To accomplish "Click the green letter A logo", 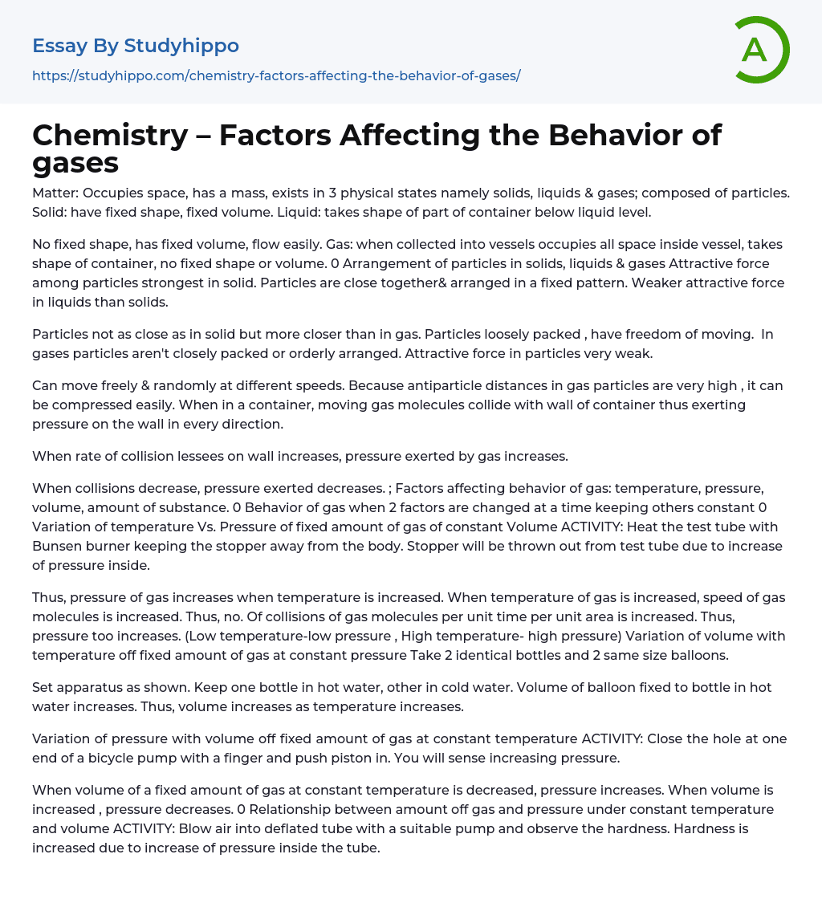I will point(762,50).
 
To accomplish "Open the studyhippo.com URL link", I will point(276,75).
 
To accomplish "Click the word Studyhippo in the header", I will point(181,46).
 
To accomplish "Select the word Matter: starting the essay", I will point(55,193).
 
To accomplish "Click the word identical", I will point(568,636).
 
